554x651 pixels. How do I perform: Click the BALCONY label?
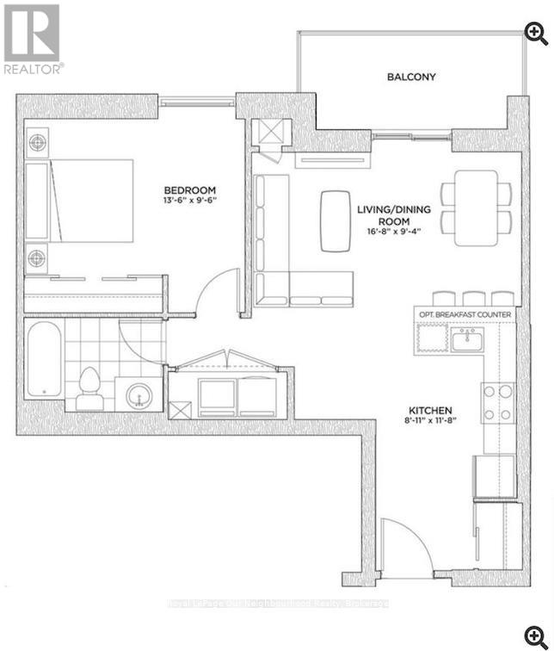[410, 77]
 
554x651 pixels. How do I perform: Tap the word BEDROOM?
[191, 190]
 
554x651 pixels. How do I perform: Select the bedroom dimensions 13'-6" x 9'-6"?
[191, 201]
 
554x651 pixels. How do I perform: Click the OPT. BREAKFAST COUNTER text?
[465, 314]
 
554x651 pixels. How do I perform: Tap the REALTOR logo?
[32, 39]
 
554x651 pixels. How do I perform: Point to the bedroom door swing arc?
[217, 291]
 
